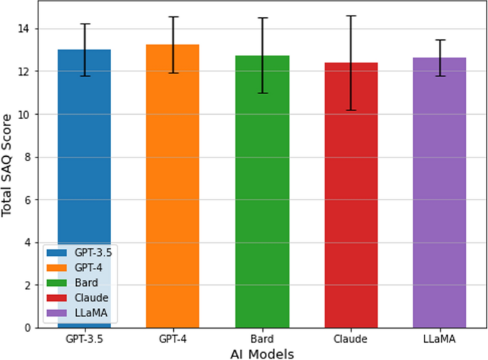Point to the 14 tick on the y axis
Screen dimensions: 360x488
pos(27,29)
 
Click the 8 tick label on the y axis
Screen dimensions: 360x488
pos(30,157)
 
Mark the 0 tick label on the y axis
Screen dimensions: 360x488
pos(30,328)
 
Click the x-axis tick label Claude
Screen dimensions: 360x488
pos(351,340)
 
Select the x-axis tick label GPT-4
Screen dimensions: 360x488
pos(173,340)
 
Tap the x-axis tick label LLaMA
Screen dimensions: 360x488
pos(440,340)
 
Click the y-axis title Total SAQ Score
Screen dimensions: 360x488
pos(8,164)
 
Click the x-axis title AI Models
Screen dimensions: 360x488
pos(261,354)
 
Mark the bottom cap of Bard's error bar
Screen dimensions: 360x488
pos(262,93)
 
